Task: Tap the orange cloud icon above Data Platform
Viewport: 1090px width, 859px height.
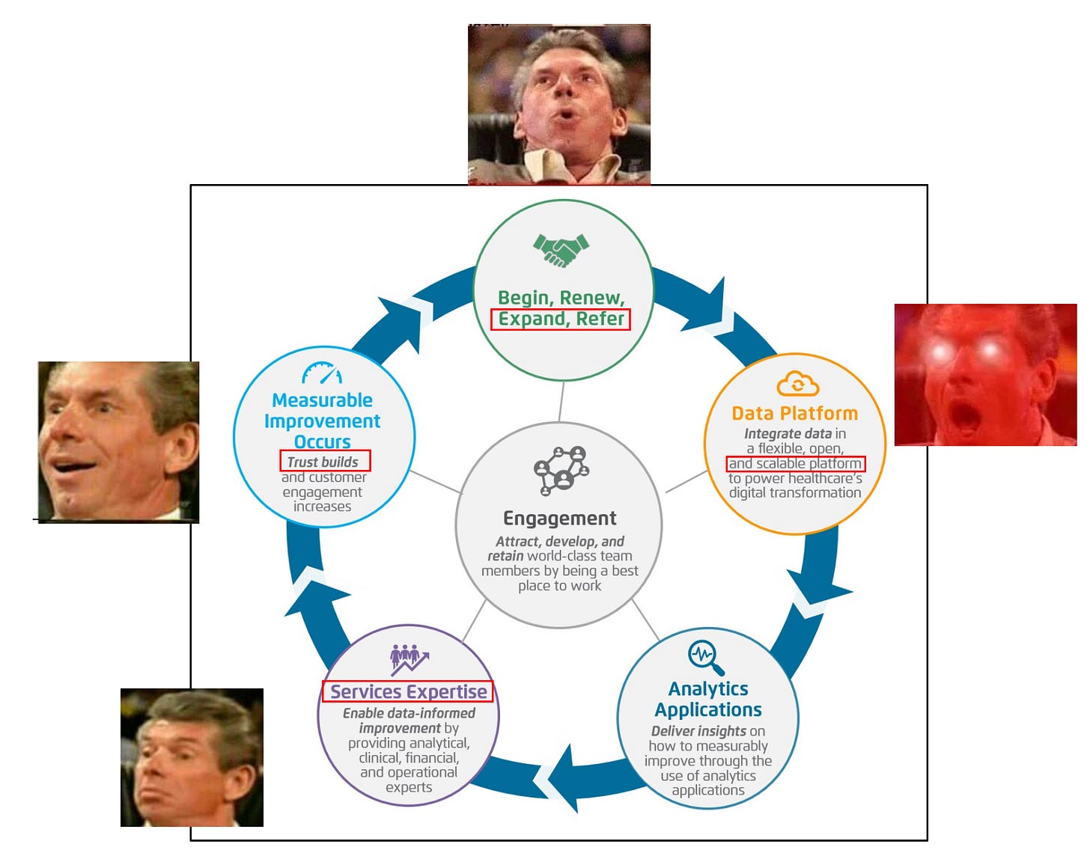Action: [797, 385]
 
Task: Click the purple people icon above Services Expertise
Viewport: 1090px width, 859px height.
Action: [409, 658]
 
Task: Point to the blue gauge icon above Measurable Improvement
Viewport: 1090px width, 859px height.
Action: [322, 373]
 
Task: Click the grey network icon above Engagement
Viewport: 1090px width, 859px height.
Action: [561, 470]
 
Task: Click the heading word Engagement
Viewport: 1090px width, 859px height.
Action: [560, 519]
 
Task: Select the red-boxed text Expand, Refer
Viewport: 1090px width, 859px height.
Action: [561, 320]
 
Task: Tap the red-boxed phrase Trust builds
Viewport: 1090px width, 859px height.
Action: [324, 462]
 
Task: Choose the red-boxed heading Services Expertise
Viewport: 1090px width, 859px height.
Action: [408, 692]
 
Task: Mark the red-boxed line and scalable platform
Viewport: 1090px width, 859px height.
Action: [795, 464]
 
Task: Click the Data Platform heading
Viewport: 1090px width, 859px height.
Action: [795, 413]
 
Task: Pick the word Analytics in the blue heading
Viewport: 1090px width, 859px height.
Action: [708, 688]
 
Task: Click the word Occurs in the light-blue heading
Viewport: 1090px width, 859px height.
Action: [322, 441]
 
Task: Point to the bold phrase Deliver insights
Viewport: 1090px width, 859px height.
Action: [698, 731]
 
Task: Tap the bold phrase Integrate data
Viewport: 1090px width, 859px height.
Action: [788, 434]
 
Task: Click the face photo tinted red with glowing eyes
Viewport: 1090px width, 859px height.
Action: [985, 375]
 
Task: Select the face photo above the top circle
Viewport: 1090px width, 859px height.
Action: [559, 104]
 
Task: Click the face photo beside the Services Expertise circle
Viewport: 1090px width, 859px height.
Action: [192, 757]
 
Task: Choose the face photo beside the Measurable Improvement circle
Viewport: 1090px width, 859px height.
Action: [119, 441]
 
